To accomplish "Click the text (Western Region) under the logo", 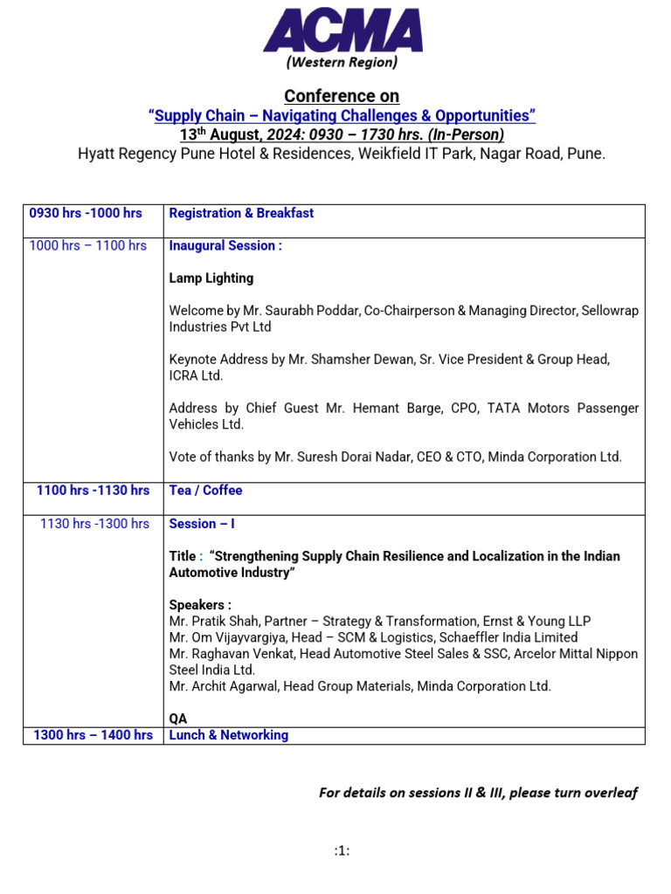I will click(x=342, y=62).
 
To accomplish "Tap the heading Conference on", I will click(x=342, y=96).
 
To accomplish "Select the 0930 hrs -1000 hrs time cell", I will click(x=86, y=213).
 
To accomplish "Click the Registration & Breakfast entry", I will click(x=241, y=213).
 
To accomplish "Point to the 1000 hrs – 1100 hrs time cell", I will click(x=88, y=246).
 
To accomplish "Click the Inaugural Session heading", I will click(x=225, y=246).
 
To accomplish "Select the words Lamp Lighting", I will click(x=211, y=279).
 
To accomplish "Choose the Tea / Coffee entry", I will click(x=205, y=491).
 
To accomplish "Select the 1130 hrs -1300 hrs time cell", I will click(x=94, y=524).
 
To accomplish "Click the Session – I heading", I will click(x=201, y=524).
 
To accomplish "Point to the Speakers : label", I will click(x=200, y=605).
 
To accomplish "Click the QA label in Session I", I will click(x=177, y=719).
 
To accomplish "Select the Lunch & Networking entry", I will click(x=228, y=735).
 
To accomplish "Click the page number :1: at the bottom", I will click(x=342, y=851).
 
